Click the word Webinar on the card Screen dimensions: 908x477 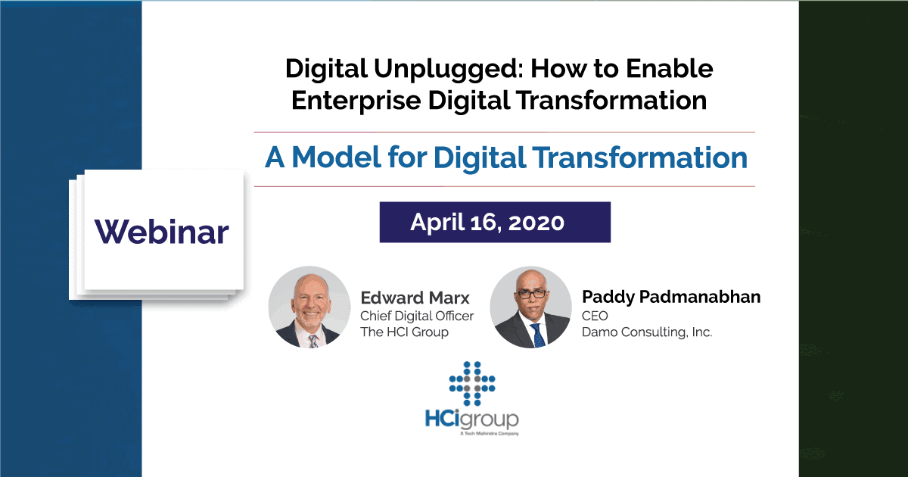point(162,232)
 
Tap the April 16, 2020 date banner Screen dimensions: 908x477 point(495,223)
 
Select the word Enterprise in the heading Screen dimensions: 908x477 point(356,101)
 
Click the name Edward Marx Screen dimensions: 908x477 point(415,298)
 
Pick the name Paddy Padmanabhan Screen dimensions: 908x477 point(671,298)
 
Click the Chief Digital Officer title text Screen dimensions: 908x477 point(417,316)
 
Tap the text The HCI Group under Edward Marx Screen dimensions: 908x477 point(404,332)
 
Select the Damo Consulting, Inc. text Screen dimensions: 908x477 point(647,332)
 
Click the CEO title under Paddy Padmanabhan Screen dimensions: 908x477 point(595,316)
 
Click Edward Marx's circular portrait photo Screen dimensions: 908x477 point(309,307)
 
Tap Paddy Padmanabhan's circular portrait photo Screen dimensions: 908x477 point(530,307)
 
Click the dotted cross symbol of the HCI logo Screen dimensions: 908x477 point(472,383)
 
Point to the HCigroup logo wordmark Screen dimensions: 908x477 point(472,419)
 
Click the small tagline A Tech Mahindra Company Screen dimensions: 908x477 point(490,434)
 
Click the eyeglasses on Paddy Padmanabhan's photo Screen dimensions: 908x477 point(531,294)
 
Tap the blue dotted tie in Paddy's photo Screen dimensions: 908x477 point(538,335)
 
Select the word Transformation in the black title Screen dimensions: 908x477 point(612,100)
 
